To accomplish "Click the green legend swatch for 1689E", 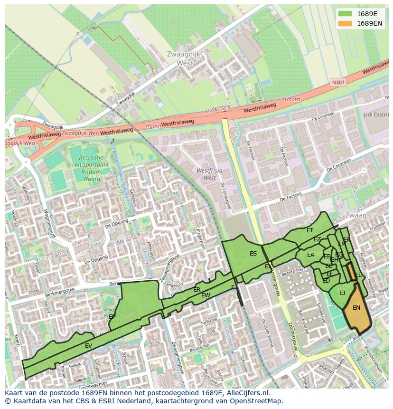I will (345, 14).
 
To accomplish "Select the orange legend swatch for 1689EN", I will (345, 23).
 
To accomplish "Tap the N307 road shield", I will (338, 83).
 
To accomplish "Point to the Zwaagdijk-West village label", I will (185, 58).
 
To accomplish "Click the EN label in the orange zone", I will (356, 308).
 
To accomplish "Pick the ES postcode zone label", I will (253, 254).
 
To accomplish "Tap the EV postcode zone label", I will (88, 346).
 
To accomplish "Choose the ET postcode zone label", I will (310, 230).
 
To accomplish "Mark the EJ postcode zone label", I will (342, 293).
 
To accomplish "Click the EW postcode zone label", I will (206, 295).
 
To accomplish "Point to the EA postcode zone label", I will (310, 255).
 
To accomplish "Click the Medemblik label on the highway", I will (217, 111).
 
